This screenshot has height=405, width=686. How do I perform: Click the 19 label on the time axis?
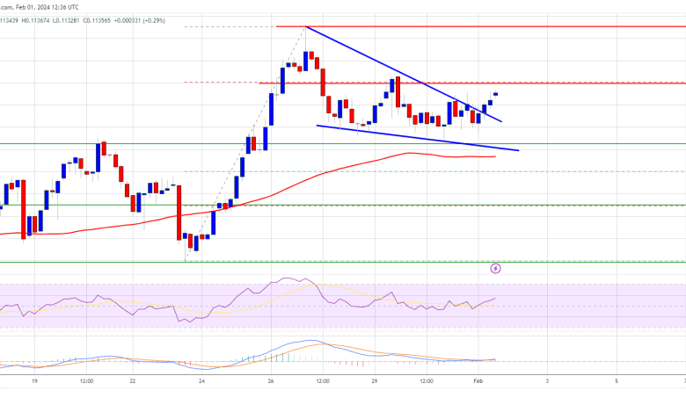(34, 380)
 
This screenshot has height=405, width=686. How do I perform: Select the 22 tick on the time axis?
(133, 380)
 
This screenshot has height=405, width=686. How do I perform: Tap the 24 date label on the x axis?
(201, 380)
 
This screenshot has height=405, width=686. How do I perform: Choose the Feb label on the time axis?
(478, 380)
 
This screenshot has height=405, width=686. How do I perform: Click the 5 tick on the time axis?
(617, 380)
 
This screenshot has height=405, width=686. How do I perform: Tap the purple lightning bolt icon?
(496, 268)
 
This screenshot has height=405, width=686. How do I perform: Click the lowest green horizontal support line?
(352, 261)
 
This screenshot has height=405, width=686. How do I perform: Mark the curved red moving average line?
(290, 186)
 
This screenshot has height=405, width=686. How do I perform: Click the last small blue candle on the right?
(496, 94)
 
